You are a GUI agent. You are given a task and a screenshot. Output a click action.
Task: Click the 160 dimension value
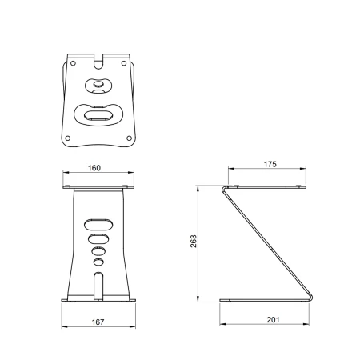(x=94, y=168)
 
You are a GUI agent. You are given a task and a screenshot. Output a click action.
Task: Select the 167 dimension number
(x=98, y=322)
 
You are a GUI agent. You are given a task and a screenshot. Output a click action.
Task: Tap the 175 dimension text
(x=270, y=164)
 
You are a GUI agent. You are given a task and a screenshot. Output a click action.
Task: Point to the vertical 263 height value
(x=194, y=241)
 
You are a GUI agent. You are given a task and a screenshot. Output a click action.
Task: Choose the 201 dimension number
(x=273, y=319)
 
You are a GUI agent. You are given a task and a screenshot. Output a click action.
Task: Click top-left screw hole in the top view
(x=73, y=63)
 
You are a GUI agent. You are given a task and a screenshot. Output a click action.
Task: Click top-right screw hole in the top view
(x=124, y=63)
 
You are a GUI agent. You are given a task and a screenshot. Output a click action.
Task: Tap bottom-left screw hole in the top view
(x=68, y=138)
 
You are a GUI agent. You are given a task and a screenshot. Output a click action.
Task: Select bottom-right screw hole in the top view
(x=129, y=138)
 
